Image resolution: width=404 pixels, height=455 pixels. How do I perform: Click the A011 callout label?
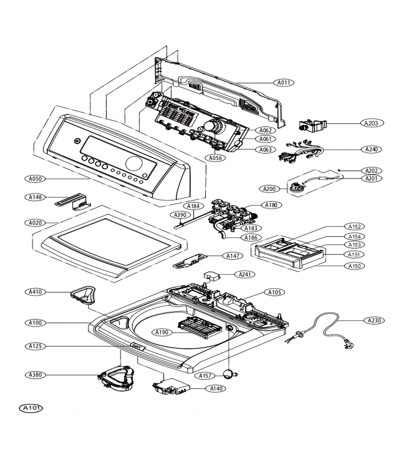pyautogui.click(x=284, y=83)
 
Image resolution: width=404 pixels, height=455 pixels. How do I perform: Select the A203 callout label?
pyautogui.click(x=372, y=123)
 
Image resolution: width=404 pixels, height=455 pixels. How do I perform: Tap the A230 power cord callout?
pyautogui.click(x=374, y=321)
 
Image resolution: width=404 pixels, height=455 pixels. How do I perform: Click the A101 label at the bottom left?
pyautogui.click(x=31, y=408)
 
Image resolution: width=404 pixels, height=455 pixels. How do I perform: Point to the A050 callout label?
pyautogui.click(x=35, y=179)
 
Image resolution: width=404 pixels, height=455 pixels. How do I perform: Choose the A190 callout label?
pyautogui.click(x=162, y=332)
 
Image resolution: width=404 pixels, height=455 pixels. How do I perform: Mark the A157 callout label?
pyautogui.click(x=205, y=376)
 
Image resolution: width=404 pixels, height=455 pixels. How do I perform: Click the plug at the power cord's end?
pyautogui.click(x=348, y=344)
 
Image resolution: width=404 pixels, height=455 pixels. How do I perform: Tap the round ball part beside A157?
pyautogui.click(x=229, y=374)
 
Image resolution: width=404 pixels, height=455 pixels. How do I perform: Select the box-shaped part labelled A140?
pyautogui.click(x=171, y=387)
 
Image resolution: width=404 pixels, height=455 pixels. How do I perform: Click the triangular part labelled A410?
pyautogui.click(x=83, y=294)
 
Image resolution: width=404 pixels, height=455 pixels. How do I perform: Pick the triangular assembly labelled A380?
pyautogui.click(x=116, y=378)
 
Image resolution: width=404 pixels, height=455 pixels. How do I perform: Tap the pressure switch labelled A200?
pyautogui.click(x=293, y=188)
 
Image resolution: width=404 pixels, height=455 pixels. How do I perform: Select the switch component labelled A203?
pyautogui.click(x=313, y=125)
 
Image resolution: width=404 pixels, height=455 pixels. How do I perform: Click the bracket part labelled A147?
pyautogui.click(x=190, y=260)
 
